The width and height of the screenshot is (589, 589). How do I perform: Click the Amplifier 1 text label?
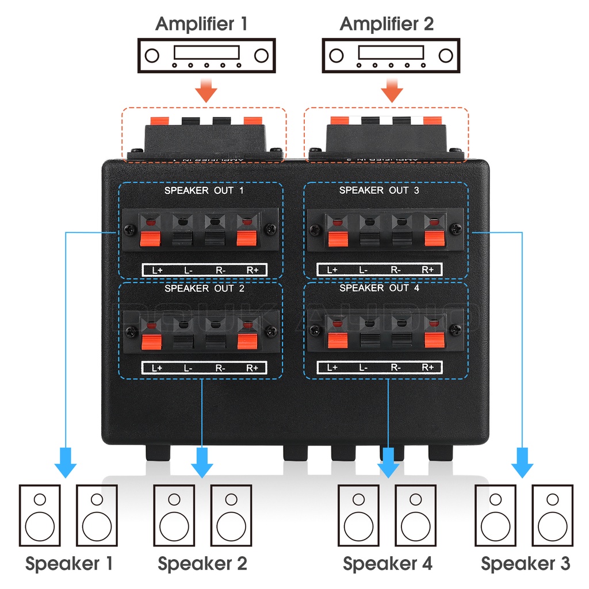[204, 24]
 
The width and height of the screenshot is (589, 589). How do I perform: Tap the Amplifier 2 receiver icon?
[391, 56]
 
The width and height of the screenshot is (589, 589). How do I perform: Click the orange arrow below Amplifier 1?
[206, 91]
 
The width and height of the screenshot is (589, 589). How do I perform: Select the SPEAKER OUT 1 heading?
[204, 190]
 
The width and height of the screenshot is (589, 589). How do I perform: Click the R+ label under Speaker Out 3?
[428, 270]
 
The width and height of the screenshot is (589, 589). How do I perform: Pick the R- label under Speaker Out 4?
[396, 368]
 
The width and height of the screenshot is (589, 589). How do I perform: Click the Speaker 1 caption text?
[69, 563]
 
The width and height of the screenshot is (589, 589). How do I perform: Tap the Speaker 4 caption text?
[388, 563]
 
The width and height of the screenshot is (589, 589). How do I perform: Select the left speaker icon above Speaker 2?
[174, 515]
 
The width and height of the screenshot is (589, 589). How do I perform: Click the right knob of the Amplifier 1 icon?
[261, 56]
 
